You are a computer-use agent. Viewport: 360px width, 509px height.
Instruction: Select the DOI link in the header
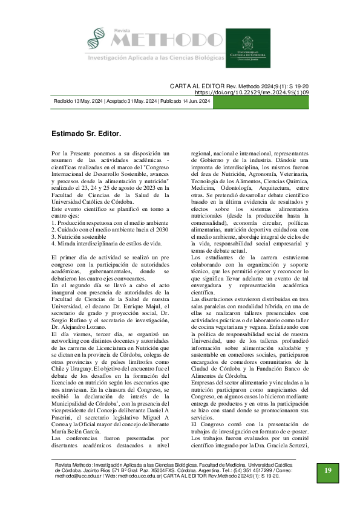(x=260, y=93)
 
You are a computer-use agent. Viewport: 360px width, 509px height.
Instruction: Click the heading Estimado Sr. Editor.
(x=87, y=131)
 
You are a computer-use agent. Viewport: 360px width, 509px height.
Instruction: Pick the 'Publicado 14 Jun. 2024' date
(x=185, y=102)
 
